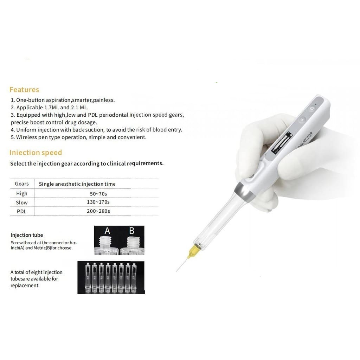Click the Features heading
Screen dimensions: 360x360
pos(24,90)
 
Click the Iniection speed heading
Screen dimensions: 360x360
pos(36,153)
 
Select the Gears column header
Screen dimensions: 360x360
pos(22,184)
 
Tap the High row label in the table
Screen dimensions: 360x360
pos(22,194)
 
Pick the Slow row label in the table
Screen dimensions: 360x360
pos(22,202)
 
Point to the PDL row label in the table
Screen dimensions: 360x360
pos(21,211)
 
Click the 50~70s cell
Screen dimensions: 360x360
pos(98,194)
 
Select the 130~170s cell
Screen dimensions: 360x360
pos(98,202)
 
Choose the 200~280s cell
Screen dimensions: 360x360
pos(98,211)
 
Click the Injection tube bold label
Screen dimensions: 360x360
pos(27,235)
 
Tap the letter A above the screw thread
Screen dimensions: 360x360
pos(107,231)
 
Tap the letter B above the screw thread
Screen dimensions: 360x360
pos(132,231)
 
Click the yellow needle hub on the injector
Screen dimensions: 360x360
pos(192,251)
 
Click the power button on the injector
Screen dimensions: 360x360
pos(312,108)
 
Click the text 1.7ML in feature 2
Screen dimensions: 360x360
pos(51,108)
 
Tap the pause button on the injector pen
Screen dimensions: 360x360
pos(302,120)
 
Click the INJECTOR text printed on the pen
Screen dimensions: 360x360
pos(305,140)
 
